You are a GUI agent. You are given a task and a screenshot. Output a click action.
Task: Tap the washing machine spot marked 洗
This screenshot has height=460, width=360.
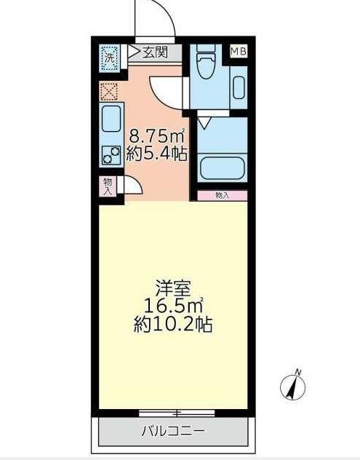[108, 57]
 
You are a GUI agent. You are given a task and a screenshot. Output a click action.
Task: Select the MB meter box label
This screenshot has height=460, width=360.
[238, 52]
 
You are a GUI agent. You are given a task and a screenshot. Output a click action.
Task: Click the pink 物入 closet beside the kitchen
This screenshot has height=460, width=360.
[108, 186]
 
